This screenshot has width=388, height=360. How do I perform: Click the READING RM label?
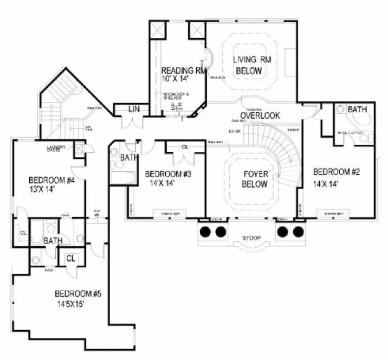tap(184, 70)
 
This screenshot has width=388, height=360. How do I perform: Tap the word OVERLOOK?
tap(260, 115)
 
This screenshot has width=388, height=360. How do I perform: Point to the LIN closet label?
tap(134, 110)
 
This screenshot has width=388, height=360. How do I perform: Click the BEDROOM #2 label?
tap(335, 172)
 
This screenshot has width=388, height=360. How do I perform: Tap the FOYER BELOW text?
tap(254, 179)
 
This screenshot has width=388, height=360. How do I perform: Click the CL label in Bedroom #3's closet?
tap(185, 146)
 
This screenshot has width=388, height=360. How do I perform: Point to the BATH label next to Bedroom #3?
tap(129, 158)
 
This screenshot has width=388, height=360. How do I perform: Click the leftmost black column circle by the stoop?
tap(206, 232)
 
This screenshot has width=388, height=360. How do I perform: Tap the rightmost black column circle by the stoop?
tap(298, 232)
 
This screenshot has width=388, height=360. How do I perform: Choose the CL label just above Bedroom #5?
tap(70, 259)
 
